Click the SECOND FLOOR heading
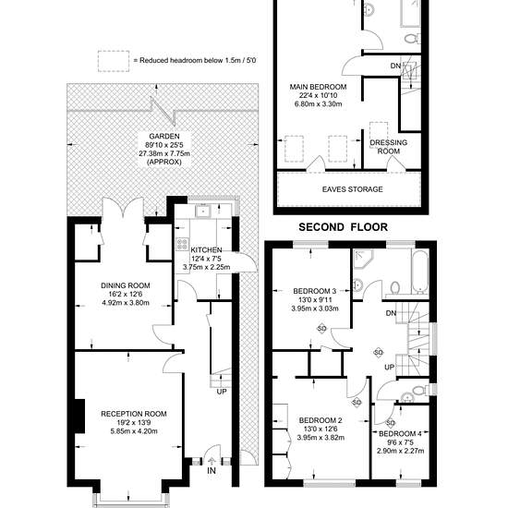pyautogui.click(x=343, y=227)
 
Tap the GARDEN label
pyautogui.click(x=164, y=136)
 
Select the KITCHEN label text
pyautogui.click(x=206, y=250)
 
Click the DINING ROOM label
pyautogui.click(x=126, y=285)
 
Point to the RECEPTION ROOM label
pyautogui.click(x=134, y=414)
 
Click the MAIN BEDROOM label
pyautogui.click(x=318, y=87)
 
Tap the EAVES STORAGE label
pyautogui.click(x=353, y=189)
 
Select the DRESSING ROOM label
pyautogui.click(x=389, y=147)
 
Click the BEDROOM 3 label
pyautogui.click(x=315, y=291)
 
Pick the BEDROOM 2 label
pyautogui.click(x=321, y=420)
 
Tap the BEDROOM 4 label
pyautogui.click(x=400, y=433)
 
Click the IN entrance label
pyautogui.click(x=212, y=471)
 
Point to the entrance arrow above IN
pyautogui.click(x=212, y=461)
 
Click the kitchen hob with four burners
pyautogui.click(x=182, y=244)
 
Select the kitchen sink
pyautogui.click(x=203, y=212)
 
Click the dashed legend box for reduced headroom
pyautogui.click(x=114, y=61)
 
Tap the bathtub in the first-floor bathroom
pyautogui.click(x=420, y=272)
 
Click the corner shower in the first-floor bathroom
pyautogui.click(x=363, y=259)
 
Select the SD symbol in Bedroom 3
pyautogui.click(x=321, y=329)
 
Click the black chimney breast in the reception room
pyautogui.click(x=80, y=416)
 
